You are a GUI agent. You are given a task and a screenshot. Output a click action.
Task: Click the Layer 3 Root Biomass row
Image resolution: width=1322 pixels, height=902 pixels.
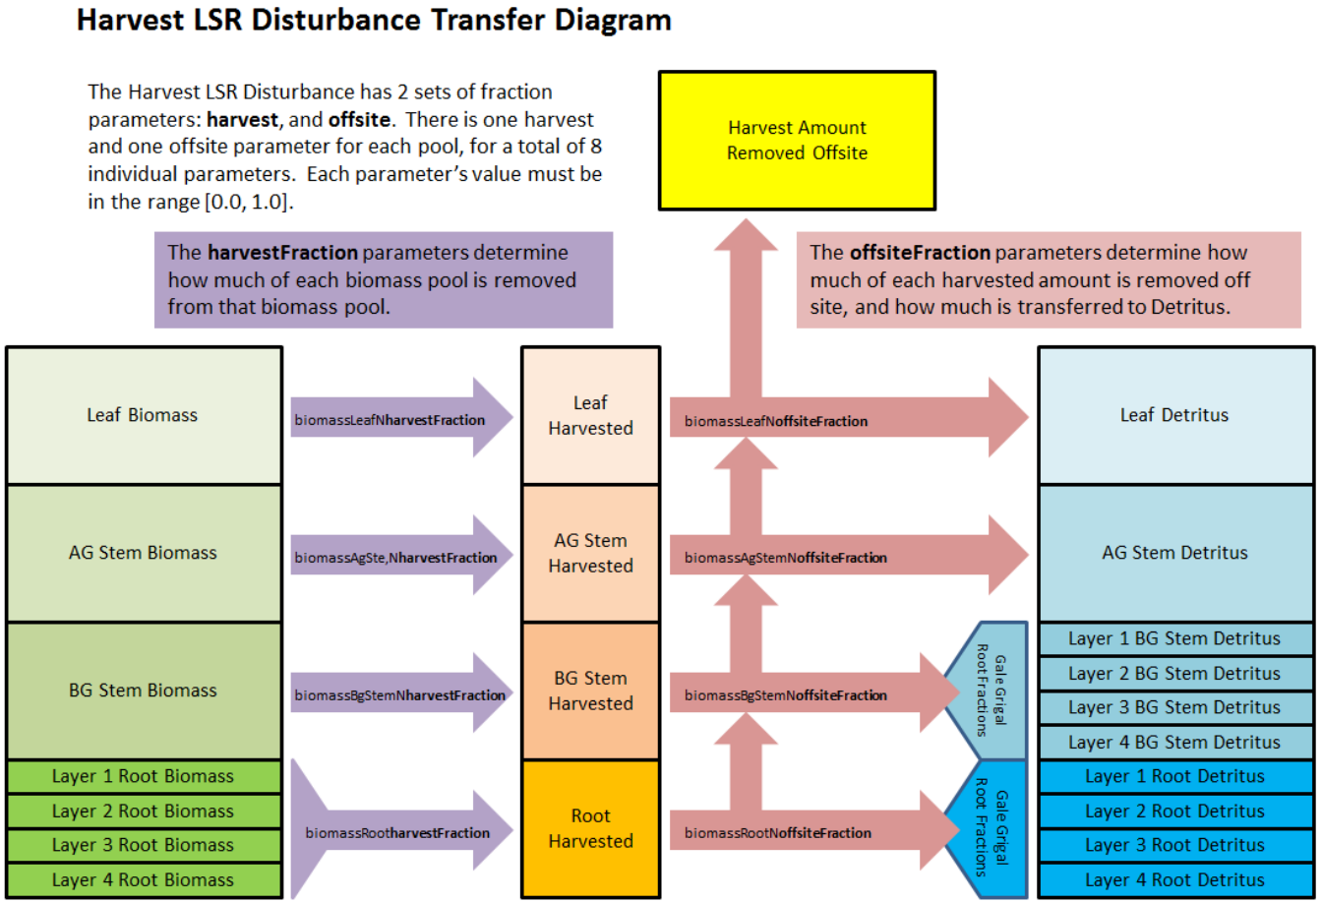click(x=144, y=845)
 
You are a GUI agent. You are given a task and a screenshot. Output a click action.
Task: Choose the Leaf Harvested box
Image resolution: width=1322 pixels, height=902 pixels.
click(x=590, y=415)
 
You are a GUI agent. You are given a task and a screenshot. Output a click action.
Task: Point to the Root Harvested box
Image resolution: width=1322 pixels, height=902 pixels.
click(x=590, y=828)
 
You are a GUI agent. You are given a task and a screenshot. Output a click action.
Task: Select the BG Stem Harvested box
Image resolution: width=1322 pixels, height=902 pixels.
click(x=590, y=691)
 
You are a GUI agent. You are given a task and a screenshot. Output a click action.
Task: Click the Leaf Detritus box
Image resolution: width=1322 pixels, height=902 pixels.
click(x=1175, y=415)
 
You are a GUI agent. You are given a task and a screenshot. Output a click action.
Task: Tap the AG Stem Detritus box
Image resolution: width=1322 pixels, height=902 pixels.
click(x=1175, y=553)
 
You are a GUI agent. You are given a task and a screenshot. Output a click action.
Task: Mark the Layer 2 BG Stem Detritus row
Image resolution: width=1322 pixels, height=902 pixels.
click(x=1175, y=674)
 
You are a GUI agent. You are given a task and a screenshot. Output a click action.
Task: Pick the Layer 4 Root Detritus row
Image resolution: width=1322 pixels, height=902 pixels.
click(x=1175, y=878)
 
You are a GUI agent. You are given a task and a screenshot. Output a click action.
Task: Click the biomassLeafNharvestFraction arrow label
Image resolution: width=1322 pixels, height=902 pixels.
click(x=391, y=420)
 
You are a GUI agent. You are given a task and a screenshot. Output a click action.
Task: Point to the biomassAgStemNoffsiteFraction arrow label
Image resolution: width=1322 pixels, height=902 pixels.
click(x=786, y=558)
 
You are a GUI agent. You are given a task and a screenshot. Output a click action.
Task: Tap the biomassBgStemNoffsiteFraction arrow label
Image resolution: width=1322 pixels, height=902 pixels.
click(x=786, y=695)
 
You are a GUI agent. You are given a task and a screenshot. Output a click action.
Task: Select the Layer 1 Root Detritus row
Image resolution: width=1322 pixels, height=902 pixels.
click(x=1175, y=776)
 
